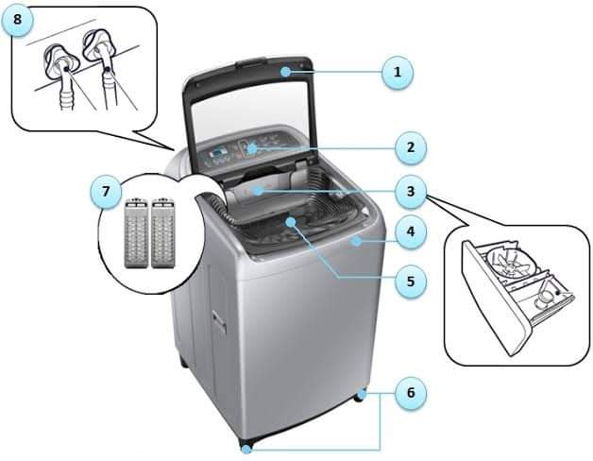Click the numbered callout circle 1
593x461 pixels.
[x=398, y=73]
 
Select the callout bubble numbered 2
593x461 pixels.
[x=411, y=147]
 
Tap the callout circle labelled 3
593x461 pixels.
[x=411, y=192]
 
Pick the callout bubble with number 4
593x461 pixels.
[x=411, y=231]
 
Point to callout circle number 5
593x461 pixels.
[x=411, y=282]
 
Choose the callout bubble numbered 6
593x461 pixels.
[x=411, y=393]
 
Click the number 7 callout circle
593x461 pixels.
[x=106, y=192]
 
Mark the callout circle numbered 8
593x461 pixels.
[x=17, y=20]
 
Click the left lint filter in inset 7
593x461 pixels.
[x=136, y=232]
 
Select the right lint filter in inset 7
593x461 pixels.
[x=163, y=232]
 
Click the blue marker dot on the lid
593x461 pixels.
[x=286, y=71]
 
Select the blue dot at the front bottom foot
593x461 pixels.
[x=246, y=450]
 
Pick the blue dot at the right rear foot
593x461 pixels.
[x=362, y=394]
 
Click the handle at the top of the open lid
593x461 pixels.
[x=251, y=63]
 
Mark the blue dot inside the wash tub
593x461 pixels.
[x=291, y=221]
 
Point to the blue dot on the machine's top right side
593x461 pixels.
[x=356, y=241]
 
